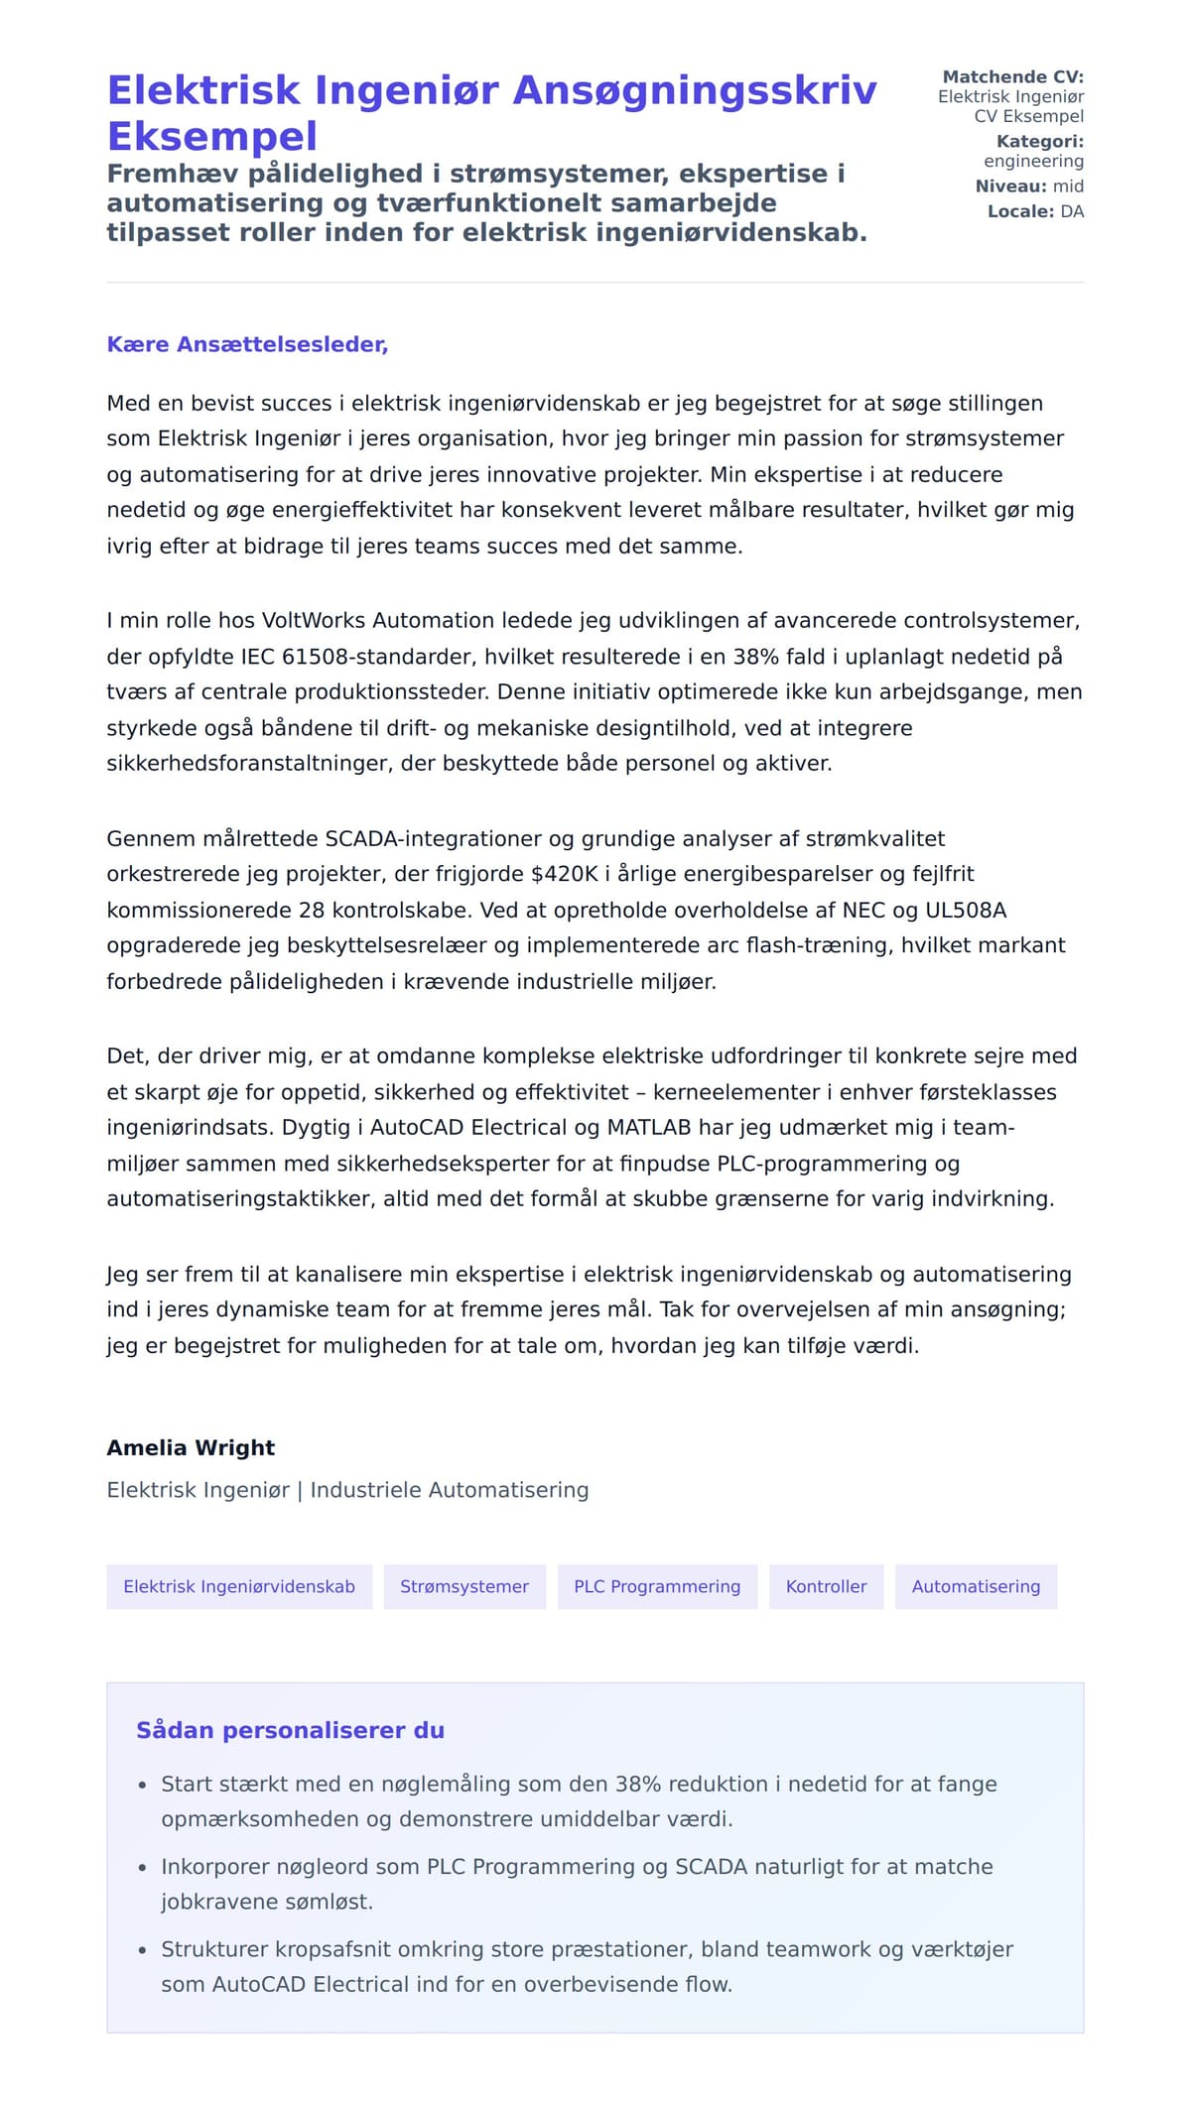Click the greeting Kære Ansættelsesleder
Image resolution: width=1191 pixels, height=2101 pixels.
click(247, 344)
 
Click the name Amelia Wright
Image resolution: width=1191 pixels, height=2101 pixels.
click(191, 1447)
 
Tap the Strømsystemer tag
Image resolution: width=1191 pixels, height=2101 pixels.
click(464, 1586)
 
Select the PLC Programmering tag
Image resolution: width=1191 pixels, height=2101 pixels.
click(657, 1586)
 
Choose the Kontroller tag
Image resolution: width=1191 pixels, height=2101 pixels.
click(826, 1586)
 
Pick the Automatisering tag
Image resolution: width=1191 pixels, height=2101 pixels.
click(976, 1586)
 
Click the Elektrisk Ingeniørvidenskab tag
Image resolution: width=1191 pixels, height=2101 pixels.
click(239, 1586)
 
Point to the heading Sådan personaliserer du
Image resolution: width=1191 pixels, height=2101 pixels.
click(290, 1730)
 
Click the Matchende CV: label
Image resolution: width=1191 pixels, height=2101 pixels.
click(1012, 76)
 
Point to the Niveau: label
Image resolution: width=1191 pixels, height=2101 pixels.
click(1010, 186)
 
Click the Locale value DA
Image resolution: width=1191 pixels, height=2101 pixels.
click(1072, 211)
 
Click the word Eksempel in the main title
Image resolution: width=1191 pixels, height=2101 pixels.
click(212, 136)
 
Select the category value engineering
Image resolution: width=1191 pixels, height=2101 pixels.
click(1033, 161)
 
